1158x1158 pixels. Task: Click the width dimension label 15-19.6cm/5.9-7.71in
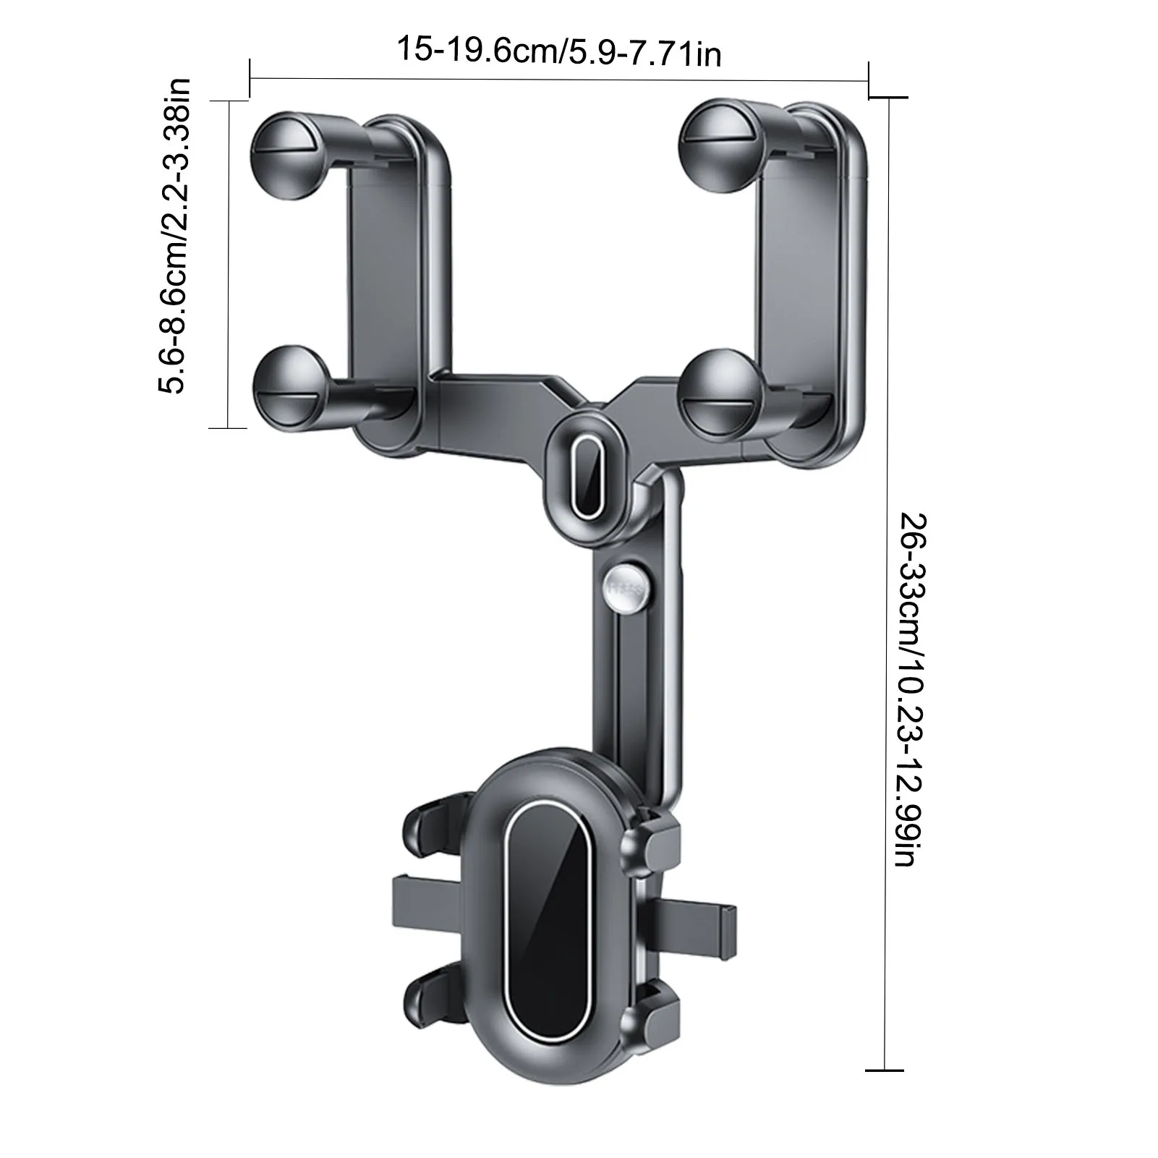click(558, 51)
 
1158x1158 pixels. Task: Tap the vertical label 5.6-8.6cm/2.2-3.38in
click(174, 235)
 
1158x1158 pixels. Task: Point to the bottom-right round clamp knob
click(720, 391)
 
